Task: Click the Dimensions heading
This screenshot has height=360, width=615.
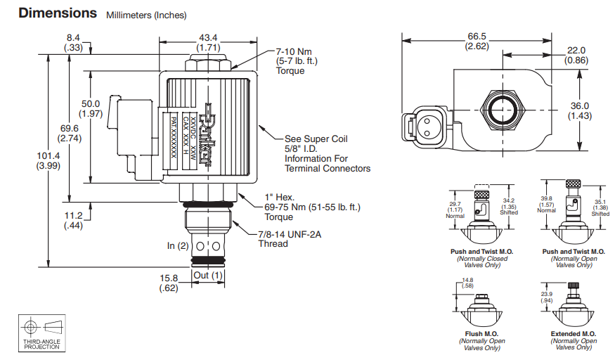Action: pyautogui.click(x=58, y=13)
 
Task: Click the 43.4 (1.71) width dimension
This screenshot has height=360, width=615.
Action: pyautogui.click(x=209, y=41)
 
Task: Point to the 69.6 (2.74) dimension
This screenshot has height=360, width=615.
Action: pyautogui.click(x=69, y=134)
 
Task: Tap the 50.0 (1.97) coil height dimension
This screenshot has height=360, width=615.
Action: pyautogui.click(x=91, y=108)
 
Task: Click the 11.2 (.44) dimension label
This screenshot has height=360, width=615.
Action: pyautogui.click(x=73, y=221)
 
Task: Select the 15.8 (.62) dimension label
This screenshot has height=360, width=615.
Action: pyautogui.click(x=168, y=283)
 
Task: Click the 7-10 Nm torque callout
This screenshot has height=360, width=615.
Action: pyautogui.click(x=296, y=61)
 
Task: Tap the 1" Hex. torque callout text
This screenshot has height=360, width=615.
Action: pyautogui.click(x=309, y=207)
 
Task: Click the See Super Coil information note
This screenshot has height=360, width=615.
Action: pyautogui.click(x=327, y=153)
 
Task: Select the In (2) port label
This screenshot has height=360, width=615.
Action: pyautogui.click(x=178, y=246)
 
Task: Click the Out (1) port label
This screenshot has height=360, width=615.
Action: pyautogui.click(x=208, y=275)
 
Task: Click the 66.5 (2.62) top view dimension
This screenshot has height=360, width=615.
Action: pyautogui.click(x=476, y=41)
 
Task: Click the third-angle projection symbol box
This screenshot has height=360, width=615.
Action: pyautogui.click(x=41, y=333)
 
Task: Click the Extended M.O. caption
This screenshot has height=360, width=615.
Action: pyautogui.click(x=574, y=334)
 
